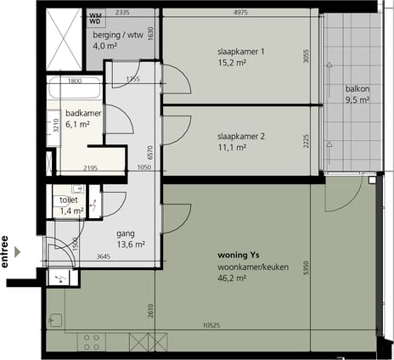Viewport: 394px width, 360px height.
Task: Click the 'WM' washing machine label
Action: [x=94, y=14]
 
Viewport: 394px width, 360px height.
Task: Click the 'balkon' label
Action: [x=357, y=88]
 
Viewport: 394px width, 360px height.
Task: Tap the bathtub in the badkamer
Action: [x=75, y=89]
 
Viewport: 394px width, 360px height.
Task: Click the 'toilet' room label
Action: [x=68, y=200]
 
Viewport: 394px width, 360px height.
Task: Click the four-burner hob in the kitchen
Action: [x=92, y=342]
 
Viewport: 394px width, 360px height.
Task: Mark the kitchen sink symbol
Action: [x=56, y=321]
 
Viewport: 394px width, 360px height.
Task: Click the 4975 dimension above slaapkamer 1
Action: [x=240, y=13]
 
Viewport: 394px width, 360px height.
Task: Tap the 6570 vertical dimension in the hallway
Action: [x=150, y=153]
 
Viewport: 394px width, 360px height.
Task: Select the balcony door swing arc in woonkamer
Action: [x=344, y=197]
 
